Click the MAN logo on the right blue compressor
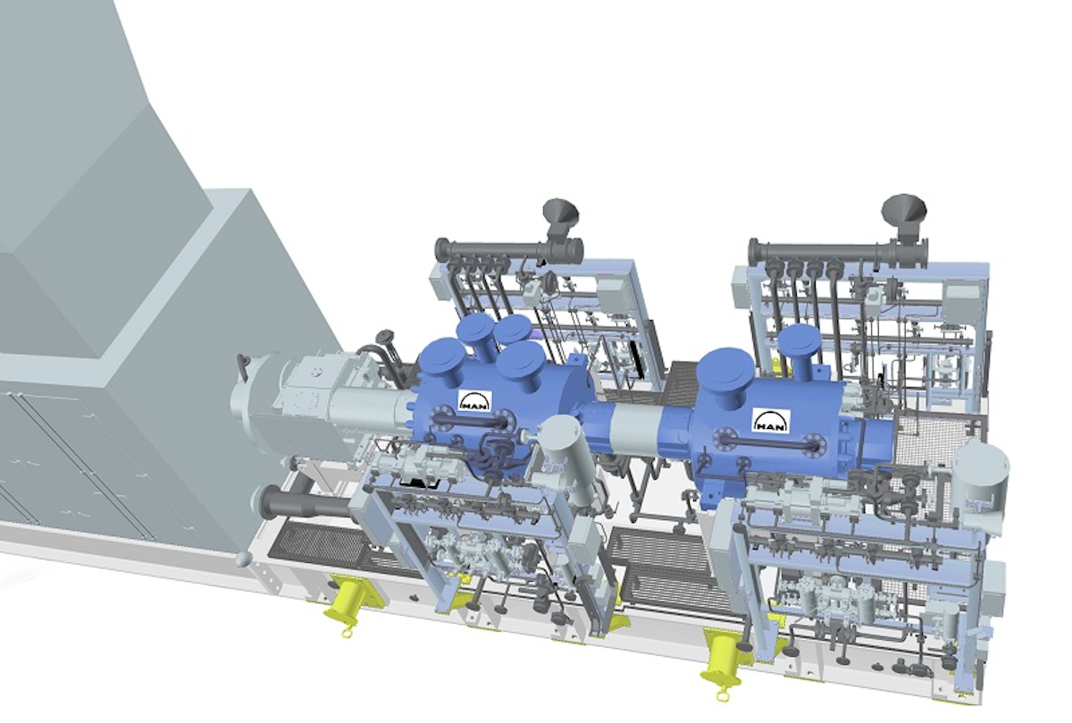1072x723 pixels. [x=770, y=419]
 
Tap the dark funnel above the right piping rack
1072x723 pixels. [x=903, y=210]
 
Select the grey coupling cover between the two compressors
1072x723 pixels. [x=631, y=433]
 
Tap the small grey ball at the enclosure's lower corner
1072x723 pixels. [x=244, y=559]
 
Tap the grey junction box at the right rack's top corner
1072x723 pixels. [x=963, y=299]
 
